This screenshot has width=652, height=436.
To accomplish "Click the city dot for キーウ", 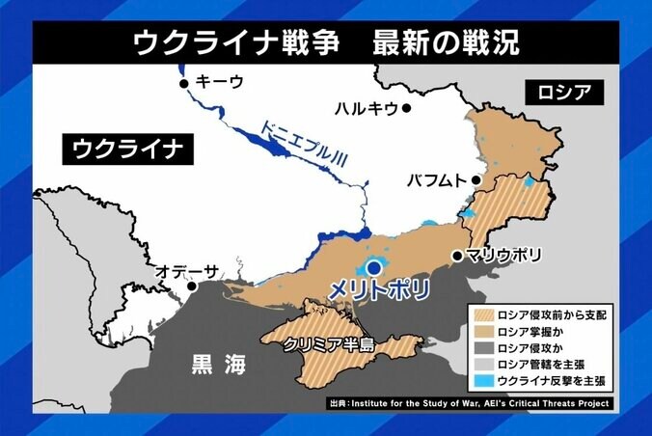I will coord(183,84).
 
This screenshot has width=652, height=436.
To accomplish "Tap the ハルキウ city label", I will coord(366,108).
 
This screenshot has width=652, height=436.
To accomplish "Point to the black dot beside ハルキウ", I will coord(407,108).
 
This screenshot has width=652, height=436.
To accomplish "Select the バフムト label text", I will coord(436,179).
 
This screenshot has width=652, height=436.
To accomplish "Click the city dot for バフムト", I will coord(476,179).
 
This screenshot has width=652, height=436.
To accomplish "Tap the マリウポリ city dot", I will coord(456,257).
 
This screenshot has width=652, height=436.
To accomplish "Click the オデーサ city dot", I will coord(193,286).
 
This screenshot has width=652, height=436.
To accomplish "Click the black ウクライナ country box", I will coord(126,150).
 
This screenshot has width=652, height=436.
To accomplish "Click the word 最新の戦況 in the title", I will coord(446,42).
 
